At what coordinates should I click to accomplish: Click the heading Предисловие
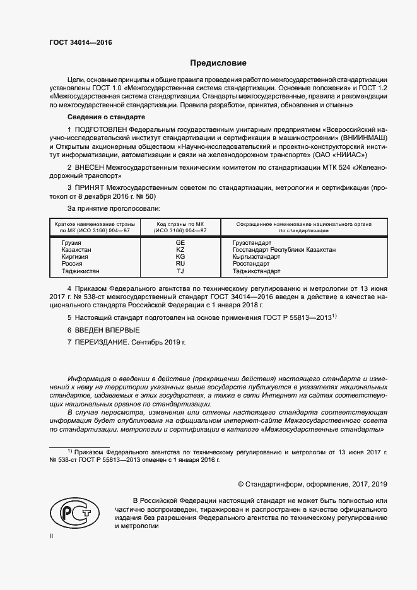(219, 63)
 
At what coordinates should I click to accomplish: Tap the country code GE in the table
(180, 243)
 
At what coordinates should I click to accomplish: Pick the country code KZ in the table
(180, 250)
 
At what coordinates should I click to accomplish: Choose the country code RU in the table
(180, 264)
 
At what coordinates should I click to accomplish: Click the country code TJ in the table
(180, 271)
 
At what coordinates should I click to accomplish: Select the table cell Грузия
(72, 243)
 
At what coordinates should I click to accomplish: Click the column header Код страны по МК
(180, 227)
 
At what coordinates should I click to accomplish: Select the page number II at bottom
(51, 536)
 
